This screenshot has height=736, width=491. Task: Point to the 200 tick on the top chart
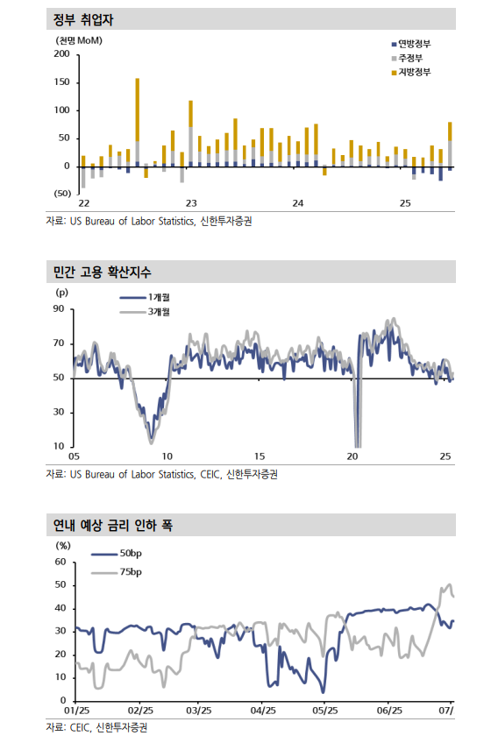(x=61, y=54)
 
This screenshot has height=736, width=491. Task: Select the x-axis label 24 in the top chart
(x=297, y=203)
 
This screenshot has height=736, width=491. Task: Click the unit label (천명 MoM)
(x=78, y=40)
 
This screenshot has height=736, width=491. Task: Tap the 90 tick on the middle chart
(x=59, y=308)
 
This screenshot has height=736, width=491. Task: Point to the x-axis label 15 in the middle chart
(x=260, y=456)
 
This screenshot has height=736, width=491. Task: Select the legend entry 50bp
(x=131, y=554)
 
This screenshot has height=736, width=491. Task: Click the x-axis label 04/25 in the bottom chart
(x=263, y=710)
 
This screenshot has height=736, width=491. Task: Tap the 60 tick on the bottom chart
(x=60, y=562)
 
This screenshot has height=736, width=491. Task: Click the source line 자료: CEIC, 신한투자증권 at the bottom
(x=96, y=726)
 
